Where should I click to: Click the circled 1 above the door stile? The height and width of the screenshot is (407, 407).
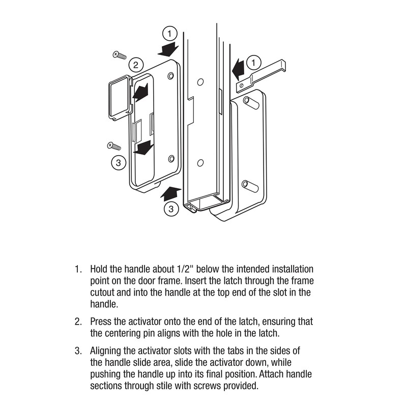point(170,34)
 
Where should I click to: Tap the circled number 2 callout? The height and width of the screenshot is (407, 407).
point(135,65)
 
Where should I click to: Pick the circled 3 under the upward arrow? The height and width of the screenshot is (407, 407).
point(171,209)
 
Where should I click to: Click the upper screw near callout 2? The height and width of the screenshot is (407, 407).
point(120,55)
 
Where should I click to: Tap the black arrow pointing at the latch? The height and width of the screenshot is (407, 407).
point(238,68)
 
